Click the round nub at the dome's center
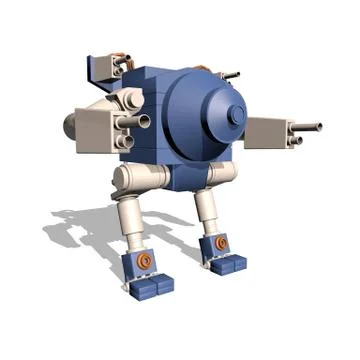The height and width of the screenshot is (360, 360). pos(237,115)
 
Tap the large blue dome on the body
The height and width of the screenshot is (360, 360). pos(205,110)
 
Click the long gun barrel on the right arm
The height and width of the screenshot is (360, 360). pos(306,127)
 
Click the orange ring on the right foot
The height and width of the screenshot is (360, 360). pos(221,242)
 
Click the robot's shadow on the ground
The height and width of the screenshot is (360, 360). pos(80,225)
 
